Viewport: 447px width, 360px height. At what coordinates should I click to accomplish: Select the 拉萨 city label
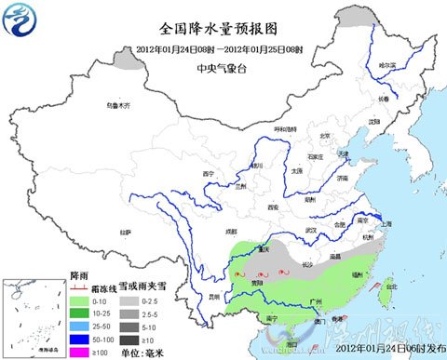(125, 231)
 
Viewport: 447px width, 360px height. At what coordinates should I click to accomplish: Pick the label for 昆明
(215, 296)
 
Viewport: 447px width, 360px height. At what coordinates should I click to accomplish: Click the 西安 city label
(273, 207)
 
